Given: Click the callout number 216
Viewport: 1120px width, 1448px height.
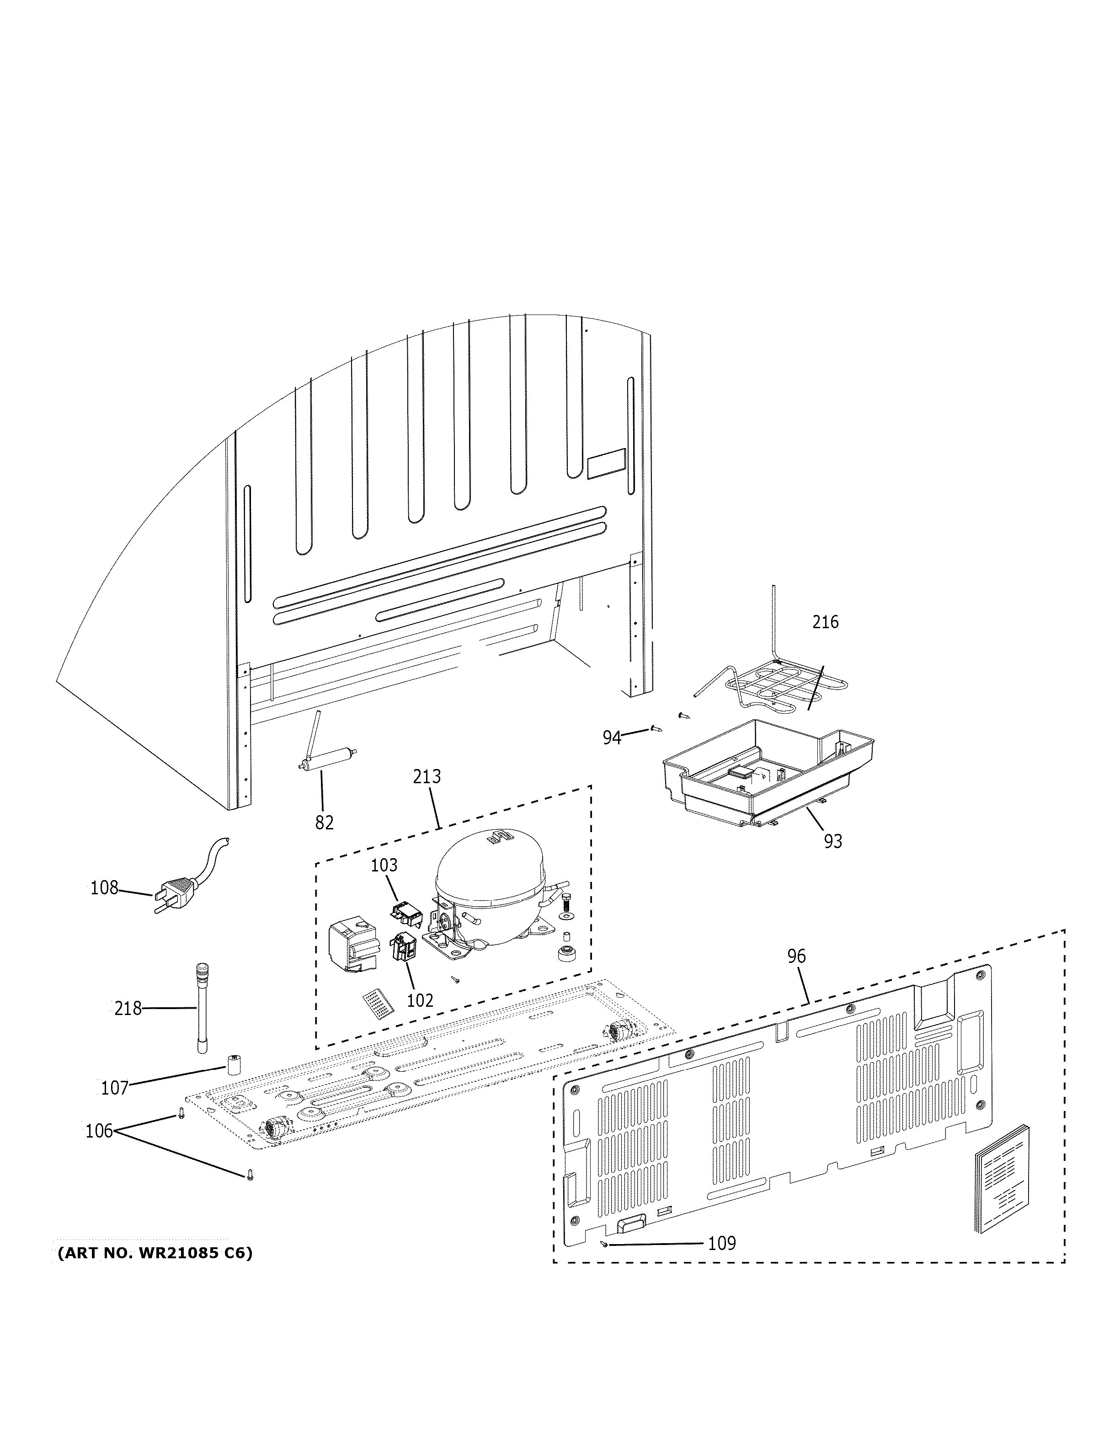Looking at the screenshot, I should (825, 622).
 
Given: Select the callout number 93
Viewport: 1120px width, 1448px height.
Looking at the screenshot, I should (832, 841).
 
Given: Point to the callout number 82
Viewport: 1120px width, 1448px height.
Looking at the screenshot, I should (324, 822).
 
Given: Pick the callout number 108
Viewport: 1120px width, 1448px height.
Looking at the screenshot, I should (104, 887).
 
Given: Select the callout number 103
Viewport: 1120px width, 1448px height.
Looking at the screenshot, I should (384, 865).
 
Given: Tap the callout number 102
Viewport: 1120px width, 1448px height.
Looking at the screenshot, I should (420, 1000).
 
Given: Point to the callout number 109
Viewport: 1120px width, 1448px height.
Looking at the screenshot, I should (722, 1242).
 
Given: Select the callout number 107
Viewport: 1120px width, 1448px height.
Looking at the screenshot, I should (114, 1087).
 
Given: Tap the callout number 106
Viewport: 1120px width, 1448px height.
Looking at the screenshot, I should (99, 1130).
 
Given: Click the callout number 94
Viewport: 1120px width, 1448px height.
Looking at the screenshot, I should (611, 737).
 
